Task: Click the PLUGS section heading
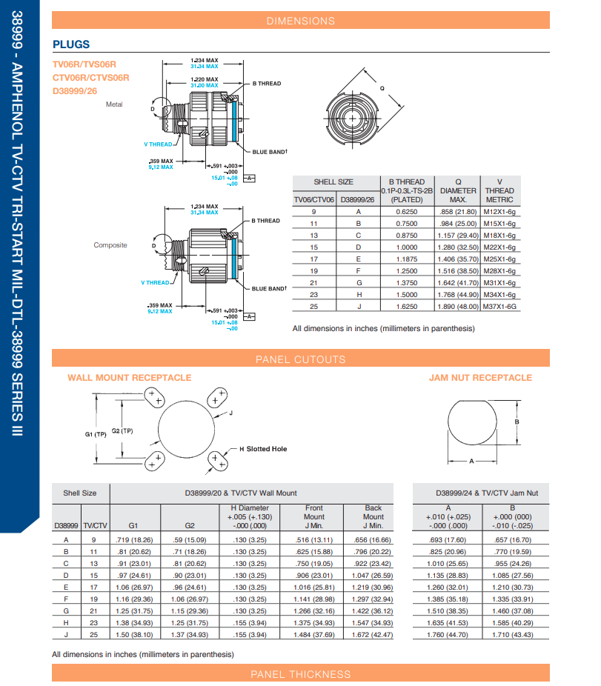71,44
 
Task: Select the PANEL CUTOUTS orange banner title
300,360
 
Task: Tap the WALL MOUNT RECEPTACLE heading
129,378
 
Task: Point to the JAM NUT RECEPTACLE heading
480,378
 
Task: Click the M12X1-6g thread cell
499,211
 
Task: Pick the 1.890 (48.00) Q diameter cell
458,306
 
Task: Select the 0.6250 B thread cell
406,211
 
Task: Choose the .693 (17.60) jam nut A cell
447,539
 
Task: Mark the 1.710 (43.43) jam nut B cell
512,634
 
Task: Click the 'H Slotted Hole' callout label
263,449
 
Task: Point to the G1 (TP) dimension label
96,434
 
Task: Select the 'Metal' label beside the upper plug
114,104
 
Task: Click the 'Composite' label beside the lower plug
110,245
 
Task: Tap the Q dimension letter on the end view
382,88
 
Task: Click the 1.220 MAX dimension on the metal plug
204,79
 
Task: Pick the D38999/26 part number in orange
75,90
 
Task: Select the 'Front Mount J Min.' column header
313,516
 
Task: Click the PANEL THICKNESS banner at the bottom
300,674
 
